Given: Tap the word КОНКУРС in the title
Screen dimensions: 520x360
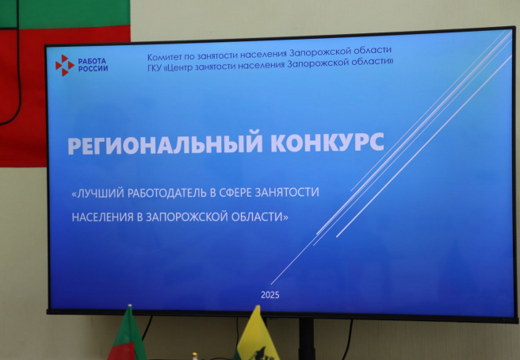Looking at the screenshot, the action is pyautogui.click(x=327, y=143).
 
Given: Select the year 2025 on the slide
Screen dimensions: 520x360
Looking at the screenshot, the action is pyautogui.click(x=270, y=295).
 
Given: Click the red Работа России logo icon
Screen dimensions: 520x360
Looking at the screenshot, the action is pyautogui.click(x=65, y=65).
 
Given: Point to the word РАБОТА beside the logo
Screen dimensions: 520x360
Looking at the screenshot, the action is pyautogui.click(x=92, y=61).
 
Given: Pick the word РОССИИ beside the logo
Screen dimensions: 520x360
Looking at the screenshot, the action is pyautogui.click(x=94, y=69).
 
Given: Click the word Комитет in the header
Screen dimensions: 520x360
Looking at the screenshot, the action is pyautogui.click(x=162, y=57).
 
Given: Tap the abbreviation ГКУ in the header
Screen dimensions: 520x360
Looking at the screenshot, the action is pyautogui.click(x=155, y=67).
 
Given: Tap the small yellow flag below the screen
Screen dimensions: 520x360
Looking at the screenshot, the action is pyautogui.click(x=255, y=335).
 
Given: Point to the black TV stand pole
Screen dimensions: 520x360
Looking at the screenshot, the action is pyautogui.click(x=306, y=339).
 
